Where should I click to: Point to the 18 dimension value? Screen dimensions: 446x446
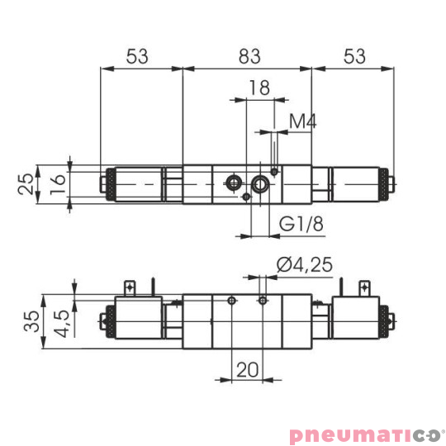[259, 88]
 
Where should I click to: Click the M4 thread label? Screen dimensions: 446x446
[302, 122]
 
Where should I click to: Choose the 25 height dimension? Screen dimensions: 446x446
[26, 182]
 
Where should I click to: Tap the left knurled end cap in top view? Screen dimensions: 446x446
[105, 183]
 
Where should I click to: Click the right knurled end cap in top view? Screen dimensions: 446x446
[387, 183]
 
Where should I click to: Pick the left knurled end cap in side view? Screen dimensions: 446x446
[105, 320]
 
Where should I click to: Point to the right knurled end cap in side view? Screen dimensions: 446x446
[387, 320]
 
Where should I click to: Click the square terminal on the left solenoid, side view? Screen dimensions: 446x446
[130, 287]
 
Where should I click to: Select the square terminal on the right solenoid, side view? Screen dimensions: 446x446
[363, 287]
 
